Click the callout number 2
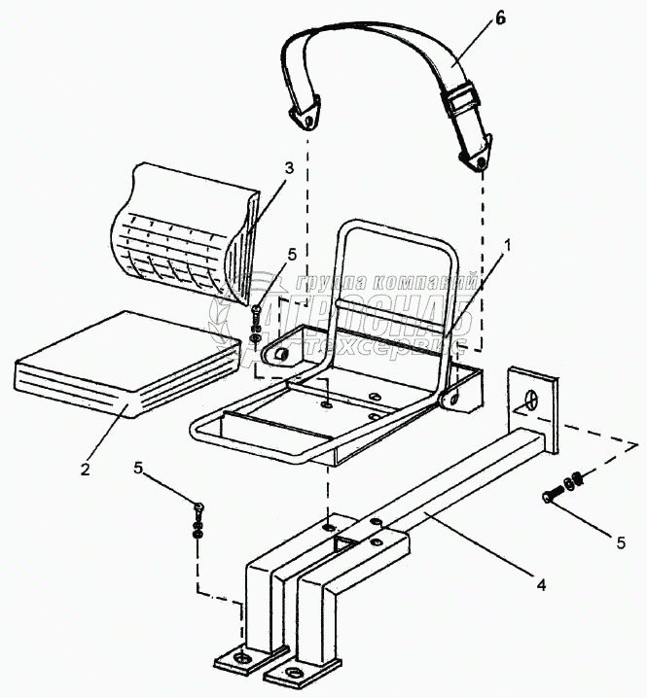[86, 469]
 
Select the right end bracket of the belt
[476, 157]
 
